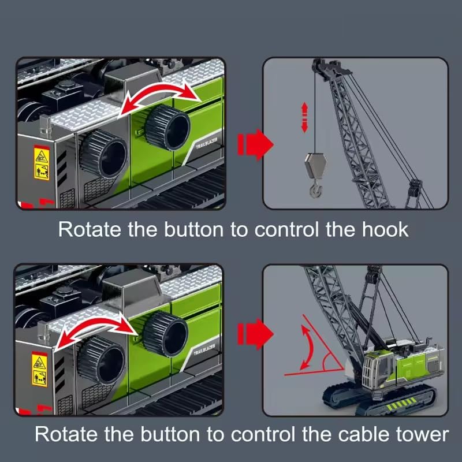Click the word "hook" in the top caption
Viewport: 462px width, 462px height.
[x=381, y=229]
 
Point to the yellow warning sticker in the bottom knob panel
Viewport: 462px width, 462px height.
[x=39, y=370]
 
